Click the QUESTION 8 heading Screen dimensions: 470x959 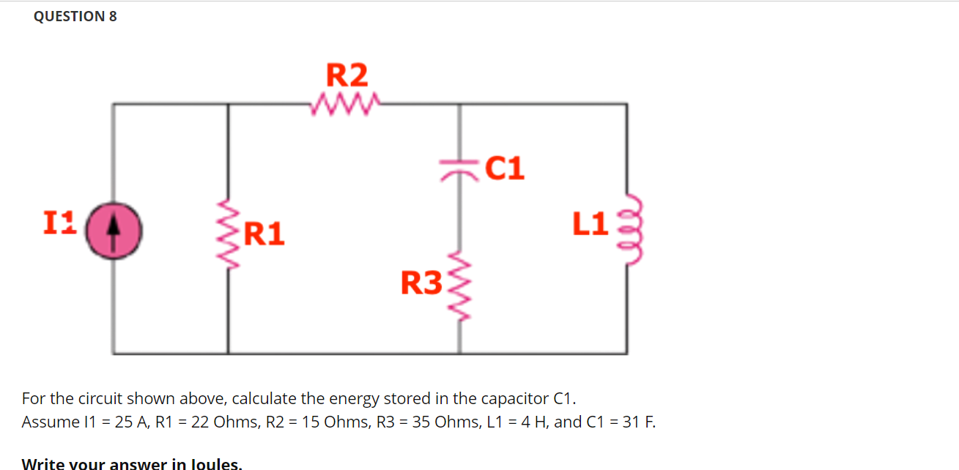coord(75,16)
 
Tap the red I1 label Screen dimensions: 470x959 coord(59,221)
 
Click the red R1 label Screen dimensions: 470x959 coord(264,234)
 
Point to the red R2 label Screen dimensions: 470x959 coord(347,75)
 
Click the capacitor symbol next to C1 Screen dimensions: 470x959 coord(459,169)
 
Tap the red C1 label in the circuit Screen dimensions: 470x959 coord(505,168)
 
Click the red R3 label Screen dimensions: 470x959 coord(421,283)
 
